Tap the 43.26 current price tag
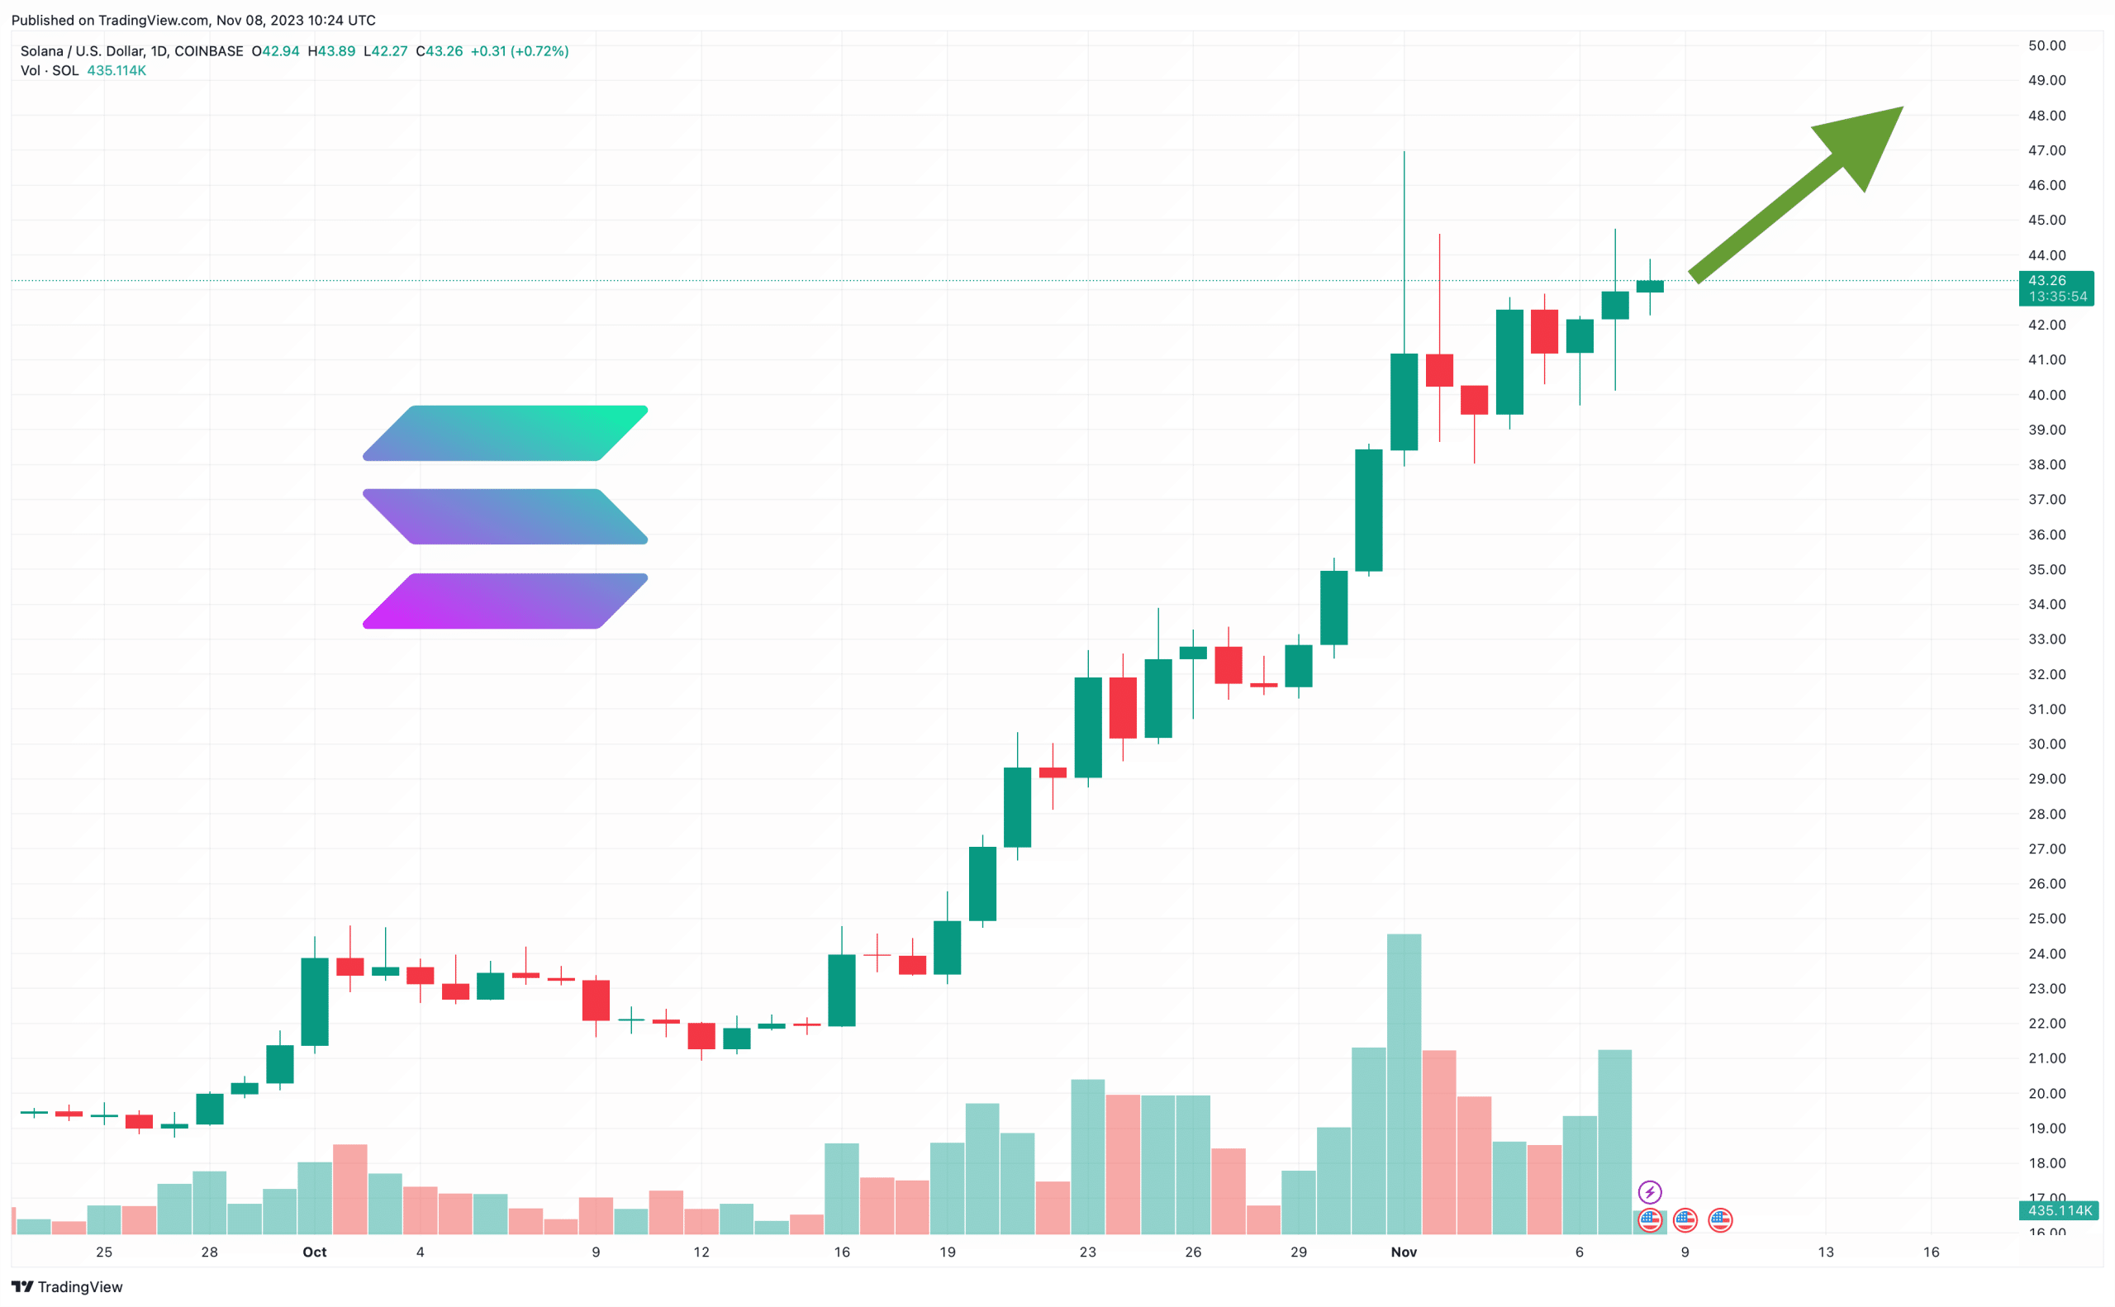pyautogui.click(x=2055, y=288)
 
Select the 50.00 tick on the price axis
pyautogui.click(x=2046, y=45)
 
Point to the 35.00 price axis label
pyautogui.click(x=2046, y=570)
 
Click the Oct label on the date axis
pyautogui.click(x=315, y=1252)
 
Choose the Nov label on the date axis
pyautogui.click(x=1403, y=1252)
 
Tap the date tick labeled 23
pyautogui.click(x=1087, y=1252)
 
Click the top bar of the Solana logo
pyautogui.click(x=505, y=433)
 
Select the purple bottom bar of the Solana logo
pyautogui.click(x=505, y=601)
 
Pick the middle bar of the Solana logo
pyautogui.click(x=505, y=517)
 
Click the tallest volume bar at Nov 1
pyautogui.click(x=1403, y=1081)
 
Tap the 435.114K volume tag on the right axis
pyautogui.click(x=2055, y=1210)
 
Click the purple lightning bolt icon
pyautogui.click(x=1649, y=1193)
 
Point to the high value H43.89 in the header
pyautogui.click(x=332, y=51)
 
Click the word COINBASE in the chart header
pyautogui.click(x=208, y=51)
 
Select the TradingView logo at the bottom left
pyautogui.click(x=68, y=1287)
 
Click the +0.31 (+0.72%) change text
pyautogui.click(x=519, y=51)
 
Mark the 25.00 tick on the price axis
pyautogui.click(x=2046, y=919)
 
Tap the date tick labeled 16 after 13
pyautogui.click(x=1930, y=1252)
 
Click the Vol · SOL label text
pyautogui.click(x=50, y=71)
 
